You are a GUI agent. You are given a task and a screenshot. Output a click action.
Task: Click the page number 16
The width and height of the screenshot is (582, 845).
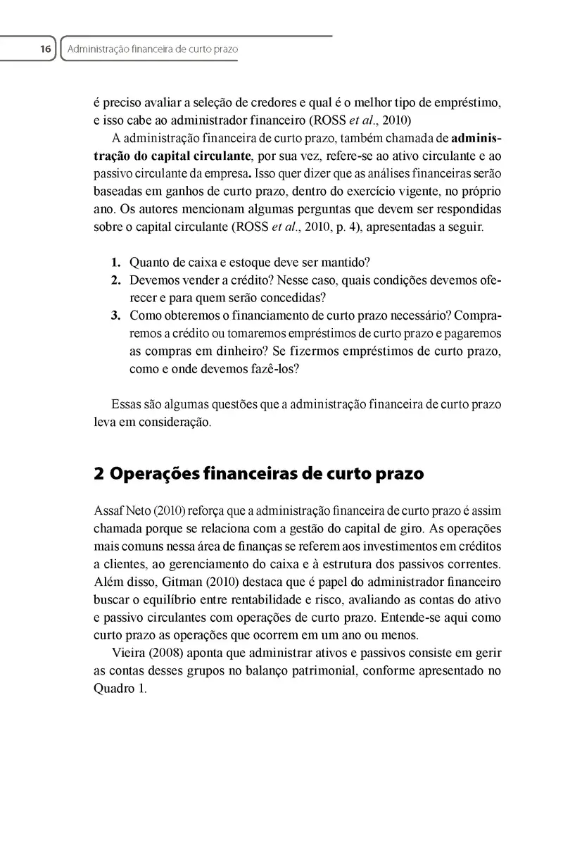(x=46, y=49)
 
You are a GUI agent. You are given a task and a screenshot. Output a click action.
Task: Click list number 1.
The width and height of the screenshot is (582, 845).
(x=115, y=263)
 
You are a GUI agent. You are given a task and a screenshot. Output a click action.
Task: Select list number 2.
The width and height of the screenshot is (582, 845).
(x=115, y=280)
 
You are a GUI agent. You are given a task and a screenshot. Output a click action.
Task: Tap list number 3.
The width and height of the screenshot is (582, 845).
(x=115, y=314)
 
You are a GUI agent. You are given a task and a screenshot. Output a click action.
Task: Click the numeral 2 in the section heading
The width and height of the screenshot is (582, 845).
(x=99, y=473)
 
